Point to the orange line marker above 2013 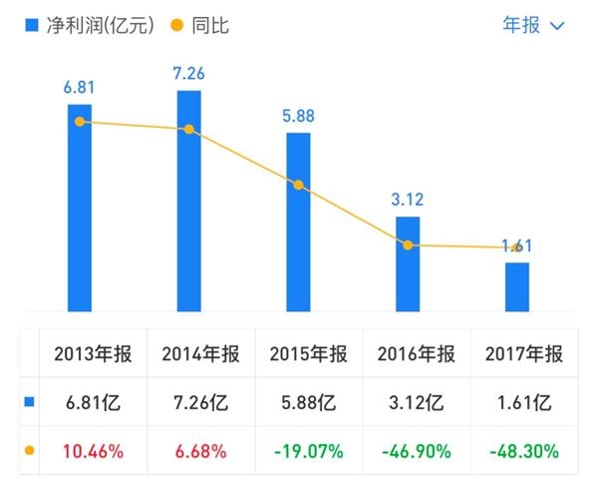(x=79, y=122)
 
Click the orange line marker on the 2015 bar (x=298, y=185)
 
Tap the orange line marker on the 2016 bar (x=408, y=244)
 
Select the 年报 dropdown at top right (x=533, y=25)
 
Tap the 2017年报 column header (x=523, y=354)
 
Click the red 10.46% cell (x=94, y=451)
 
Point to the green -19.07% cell (x=309, y=451)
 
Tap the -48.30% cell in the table (x=523, y=451)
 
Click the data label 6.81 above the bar (x=79, y=87)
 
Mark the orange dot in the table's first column (x=29, y=451)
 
